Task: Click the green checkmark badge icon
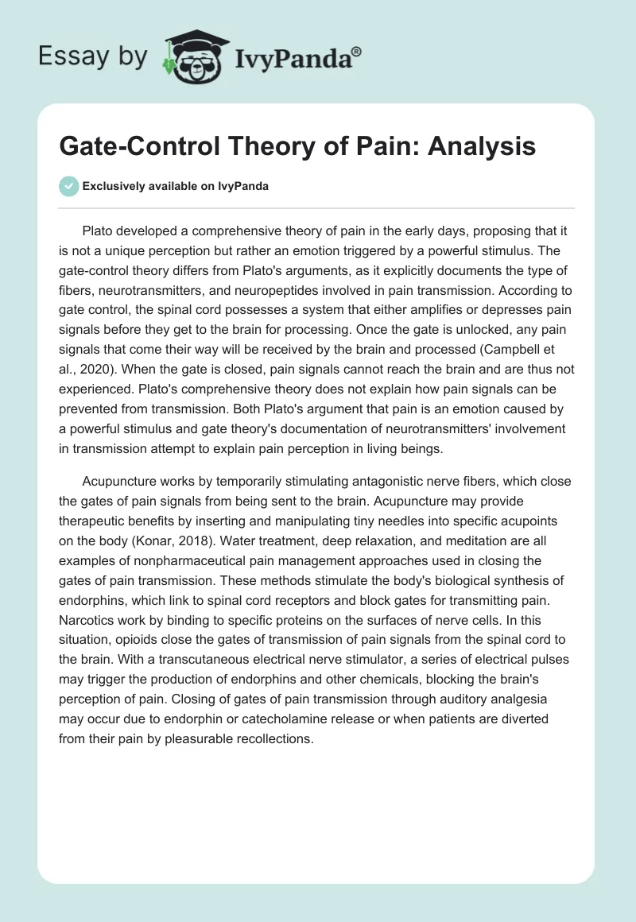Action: pyautogui.click(x=69, y=186)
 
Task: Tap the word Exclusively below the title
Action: pyautogui.click(x=114, y=186)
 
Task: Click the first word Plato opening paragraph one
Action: pyautogui.click(x=99, y=230)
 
